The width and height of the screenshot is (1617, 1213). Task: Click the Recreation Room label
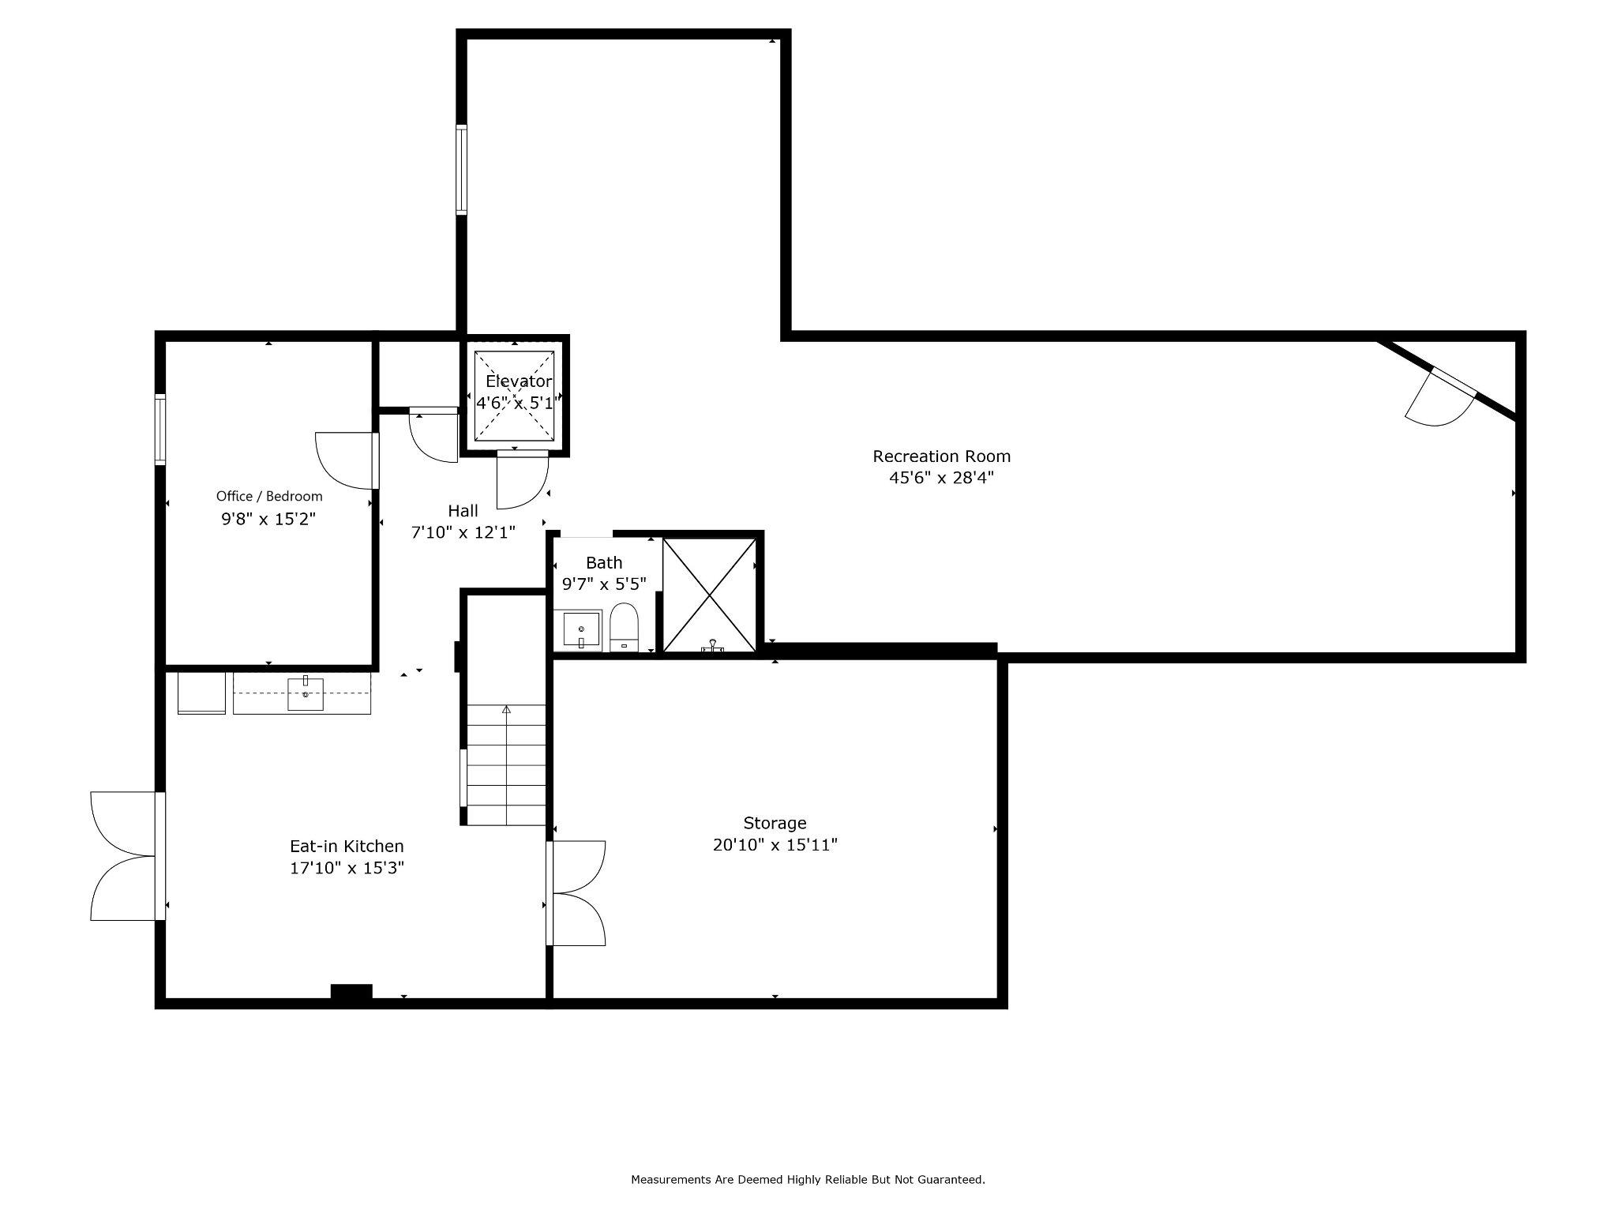click(x=941, y=456)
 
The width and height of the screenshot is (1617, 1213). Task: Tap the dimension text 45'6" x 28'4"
click(x=941, y=478)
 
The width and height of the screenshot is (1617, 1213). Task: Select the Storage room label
click(x=775, y=823)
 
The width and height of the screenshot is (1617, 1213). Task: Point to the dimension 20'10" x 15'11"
click(x=775, y=845)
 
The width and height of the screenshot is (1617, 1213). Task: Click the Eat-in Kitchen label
click(x=347, y=847)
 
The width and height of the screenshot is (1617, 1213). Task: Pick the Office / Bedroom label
click(x=269, y=496)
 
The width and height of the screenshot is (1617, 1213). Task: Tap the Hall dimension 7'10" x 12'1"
click(x=463, y=532)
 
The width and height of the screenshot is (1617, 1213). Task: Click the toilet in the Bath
click(x=624, y=628)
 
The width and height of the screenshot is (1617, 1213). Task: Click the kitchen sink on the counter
click(x=306, y=694)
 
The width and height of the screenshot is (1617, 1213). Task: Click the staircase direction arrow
click(x=506, y=710)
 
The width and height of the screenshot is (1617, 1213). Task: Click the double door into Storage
click(x=577, y=893)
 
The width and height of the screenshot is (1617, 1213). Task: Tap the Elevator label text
click(x=518, y=381)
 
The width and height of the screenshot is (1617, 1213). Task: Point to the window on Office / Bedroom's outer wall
click(x=160, y=429)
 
